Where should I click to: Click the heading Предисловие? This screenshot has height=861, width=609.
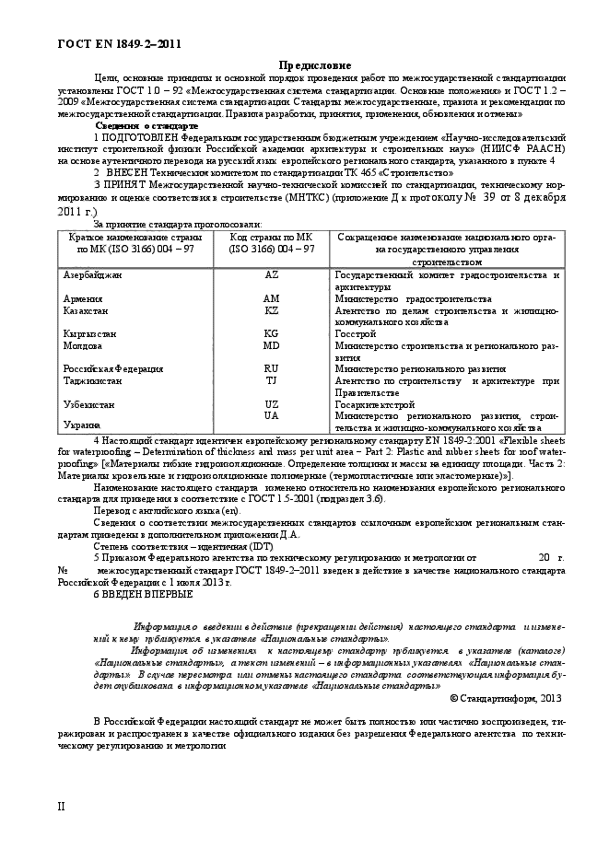315,65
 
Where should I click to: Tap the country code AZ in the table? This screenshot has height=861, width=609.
271,274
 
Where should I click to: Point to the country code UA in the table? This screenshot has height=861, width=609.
271,415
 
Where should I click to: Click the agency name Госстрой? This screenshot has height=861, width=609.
356,334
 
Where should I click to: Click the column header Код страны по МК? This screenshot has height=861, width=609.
271,238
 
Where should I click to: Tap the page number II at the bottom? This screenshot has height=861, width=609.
62,806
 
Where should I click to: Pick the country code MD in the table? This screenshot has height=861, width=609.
271,345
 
